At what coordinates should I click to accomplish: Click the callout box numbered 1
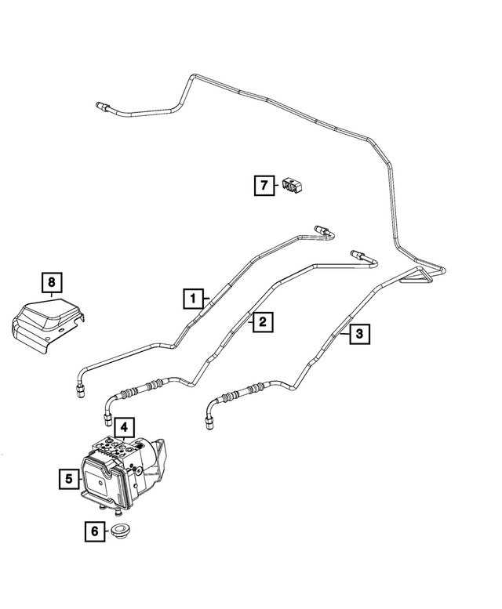(x=194, y=299)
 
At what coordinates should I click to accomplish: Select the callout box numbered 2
(x=263, y=321)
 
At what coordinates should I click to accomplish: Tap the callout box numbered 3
(x=359, y=334)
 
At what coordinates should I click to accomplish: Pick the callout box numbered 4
(x=124, y=428)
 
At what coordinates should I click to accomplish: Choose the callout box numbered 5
(x=69, y=478)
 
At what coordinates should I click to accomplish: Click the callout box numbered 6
(x=95, y=531)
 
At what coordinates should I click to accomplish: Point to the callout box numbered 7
(x=264, y=185)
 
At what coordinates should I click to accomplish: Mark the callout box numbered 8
(x=52, y=282)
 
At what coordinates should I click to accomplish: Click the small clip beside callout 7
(x=293, y=185)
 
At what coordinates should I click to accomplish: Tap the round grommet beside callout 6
(x=122, y=531)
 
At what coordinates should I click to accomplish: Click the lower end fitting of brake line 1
(x=79, y=390)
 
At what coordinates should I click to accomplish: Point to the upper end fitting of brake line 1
(x=321, y=229)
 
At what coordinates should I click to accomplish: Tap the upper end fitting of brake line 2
(x=358, y=255)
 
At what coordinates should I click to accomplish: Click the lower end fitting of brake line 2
(x=107, y=420)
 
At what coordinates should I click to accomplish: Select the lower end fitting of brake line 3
(x=209, y=422)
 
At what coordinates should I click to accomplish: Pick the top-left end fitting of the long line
(x=102, y=105)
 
